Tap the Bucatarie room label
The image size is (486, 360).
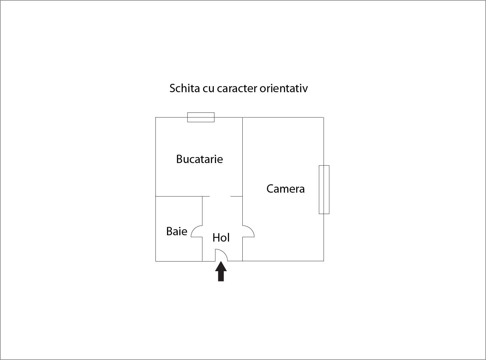pyautogui.click(x=199, y=159)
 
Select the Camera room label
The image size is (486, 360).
pyautogui.click(x=285, y=189)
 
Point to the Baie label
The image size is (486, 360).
pyautogui.click(x=176, y=231)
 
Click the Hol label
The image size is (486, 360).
pyautogui.click(x=221, y=238)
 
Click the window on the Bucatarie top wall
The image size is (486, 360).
pyautogui.click(x=201, y=117)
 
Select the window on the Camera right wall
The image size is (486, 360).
pyautogui.click(x=324, y=189)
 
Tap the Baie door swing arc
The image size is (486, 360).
pyautogui.click(x=195, y=231)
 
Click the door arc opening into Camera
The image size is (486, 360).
pyautogui.click(x=249, y=231)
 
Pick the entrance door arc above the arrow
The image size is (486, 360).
pyautogui.click(x=222, y=255)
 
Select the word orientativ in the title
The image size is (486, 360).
pyautogui.click(x=284, y=89)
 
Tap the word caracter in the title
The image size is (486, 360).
pyautogui.click(x=237, y=89)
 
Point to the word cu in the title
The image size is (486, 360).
pyautogui.click(x=208, y=89)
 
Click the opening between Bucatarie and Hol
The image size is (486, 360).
pyautogui.click(x=220, y=196)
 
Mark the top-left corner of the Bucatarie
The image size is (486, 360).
pyautogui.click(x=156, y=117)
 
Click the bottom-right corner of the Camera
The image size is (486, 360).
pyautogui.click(x=324, y=261)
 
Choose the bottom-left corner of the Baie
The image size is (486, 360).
pyautogui.click(x=156, y=261)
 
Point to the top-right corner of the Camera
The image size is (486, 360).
pyautogui.click(x=324, y=117)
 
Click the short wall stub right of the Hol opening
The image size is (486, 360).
pyautogui.click(x=236, y=196)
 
